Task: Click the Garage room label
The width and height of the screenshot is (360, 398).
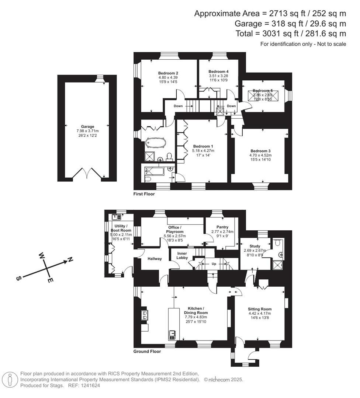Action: (88, 126)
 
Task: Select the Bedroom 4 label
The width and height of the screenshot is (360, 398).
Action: (218, 71)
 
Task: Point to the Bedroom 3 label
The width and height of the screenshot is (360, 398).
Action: (260, 151)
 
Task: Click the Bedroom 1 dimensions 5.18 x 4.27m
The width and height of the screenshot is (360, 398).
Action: (203, 151)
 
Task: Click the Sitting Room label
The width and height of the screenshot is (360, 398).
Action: (260, 309)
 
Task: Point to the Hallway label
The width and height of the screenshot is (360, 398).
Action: (154, 259)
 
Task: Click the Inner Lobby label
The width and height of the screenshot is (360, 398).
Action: (182, 255)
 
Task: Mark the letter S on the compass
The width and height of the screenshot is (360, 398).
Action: (18, 279)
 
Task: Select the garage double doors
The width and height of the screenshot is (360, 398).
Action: (87, 173)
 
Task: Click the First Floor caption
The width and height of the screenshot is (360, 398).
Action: (144, 194)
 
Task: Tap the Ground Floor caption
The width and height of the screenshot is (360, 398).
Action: (147, 352)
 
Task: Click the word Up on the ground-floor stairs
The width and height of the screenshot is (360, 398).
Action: (213, 264)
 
